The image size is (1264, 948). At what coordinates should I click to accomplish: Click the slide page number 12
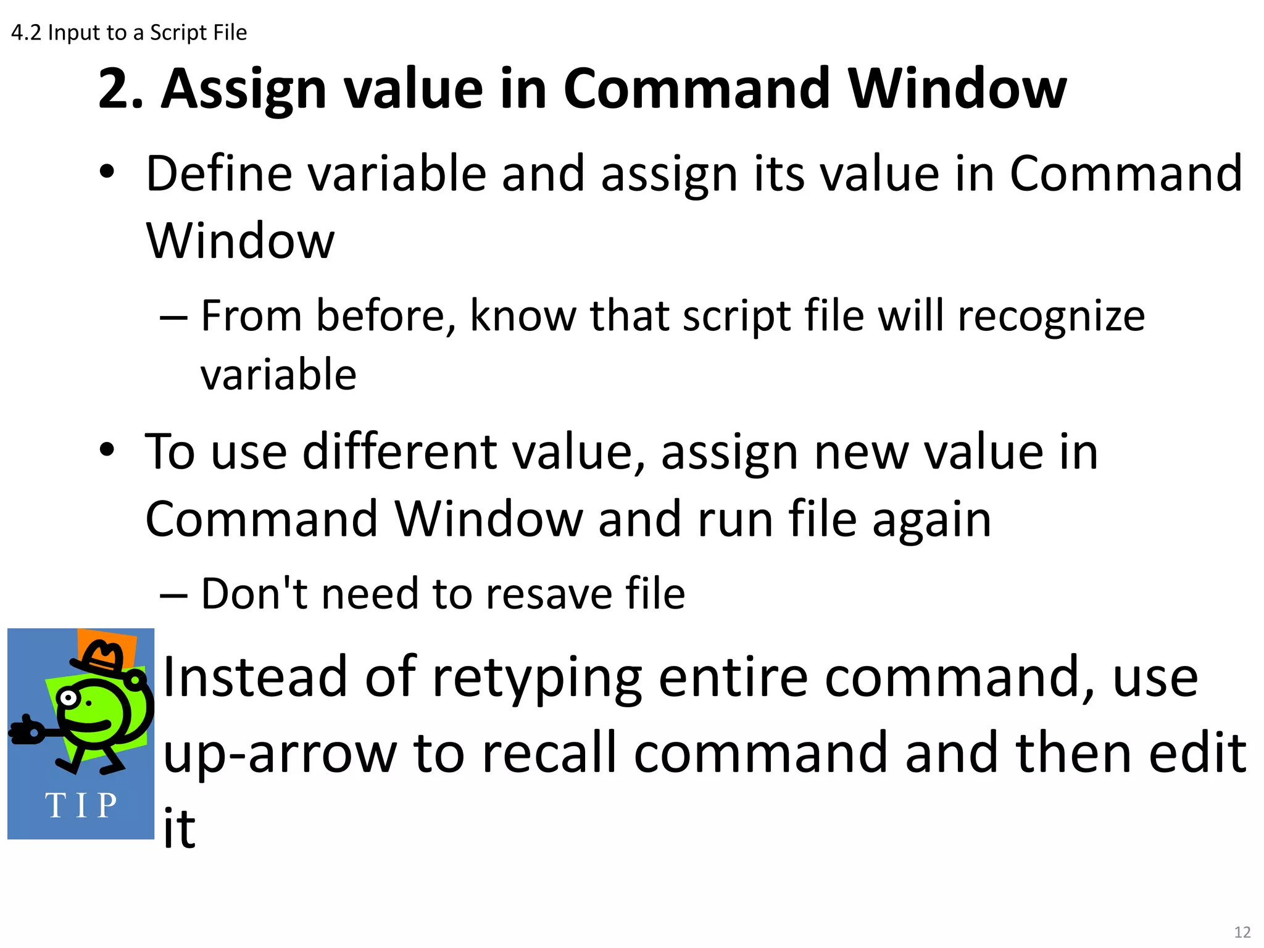click(1242, 931)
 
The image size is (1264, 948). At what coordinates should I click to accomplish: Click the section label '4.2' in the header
click(26, 33)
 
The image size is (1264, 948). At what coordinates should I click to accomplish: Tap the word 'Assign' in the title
click(243, 89)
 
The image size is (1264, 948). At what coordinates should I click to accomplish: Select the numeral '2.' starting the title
click(121, 89)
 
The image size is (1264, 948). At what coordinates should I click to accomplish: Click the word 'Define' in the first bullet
click(219, 174)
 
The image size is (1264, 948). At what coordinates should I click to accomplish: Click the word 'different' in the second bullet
click(400, 452)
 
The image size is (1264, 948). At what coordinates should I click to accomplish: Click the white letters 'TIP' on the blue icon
click(81, 805)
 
